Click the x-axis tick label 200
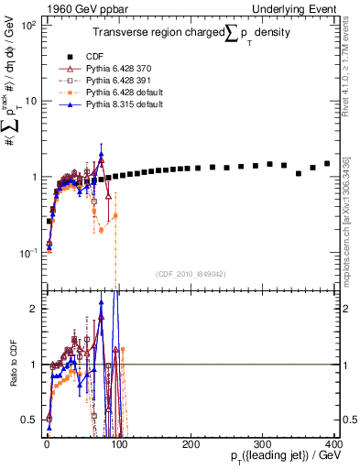click(x=191, y=444)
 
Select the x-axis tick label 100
click(x=119, y=444)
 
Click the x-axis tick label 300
click(x=263, y=444)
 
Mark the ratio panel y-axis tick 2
click(x=31, y=308)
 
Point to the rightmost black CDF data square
click(x=327, y=164)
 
